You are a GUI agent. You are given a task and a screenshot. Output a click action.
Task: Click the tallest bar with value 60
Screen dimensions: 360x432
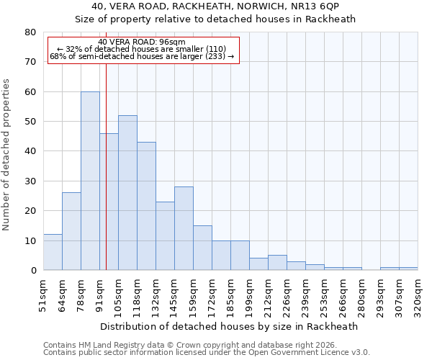[x=90, y=181]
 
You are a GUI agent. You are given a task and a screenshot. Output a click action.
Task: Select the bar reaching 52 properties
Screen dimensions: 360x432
[x=127, y=193]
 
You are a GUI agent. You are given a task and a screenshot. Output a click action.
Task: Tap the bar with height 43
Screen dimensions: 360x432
[x=146, y=206]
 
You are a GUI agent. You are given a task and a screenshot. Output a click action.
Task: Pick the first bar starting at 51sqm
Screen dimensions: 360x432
[x=53, y=252]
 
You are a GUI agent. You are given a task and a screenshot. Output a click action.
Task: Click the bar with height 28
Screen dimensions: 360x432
[x=184, y=228]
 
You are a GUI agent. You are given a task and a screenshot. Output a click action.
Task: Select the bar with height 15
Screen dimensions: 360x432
[x=202, y=248]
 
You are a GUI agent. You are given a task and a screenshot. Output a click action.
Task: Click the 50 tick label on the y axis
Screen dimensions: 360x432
[x=30, y=122]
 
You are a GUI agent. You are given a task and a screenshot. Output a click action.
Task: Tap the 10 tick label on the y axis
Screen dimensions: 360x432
[x=30, y=240]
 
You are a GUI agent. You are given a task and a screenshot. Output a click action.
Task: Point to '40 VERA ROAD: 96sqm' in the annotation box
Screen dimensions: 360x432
[x=142, y=42]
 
